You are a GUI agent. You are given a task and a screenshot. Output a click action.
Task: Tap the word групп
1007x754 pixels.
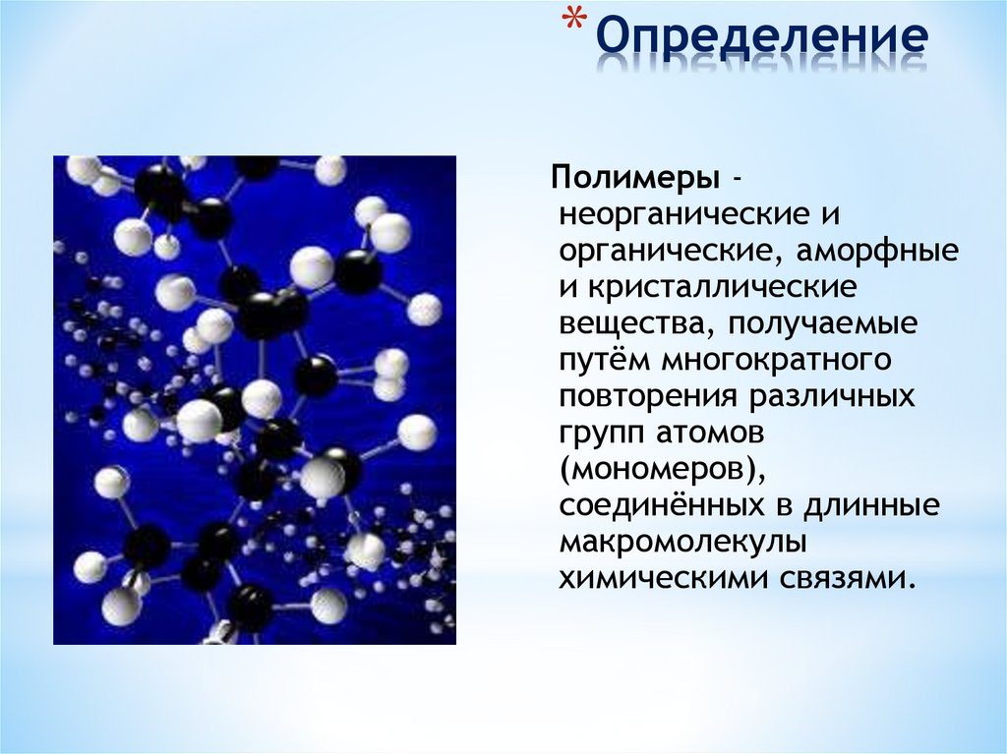(600, 433)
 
